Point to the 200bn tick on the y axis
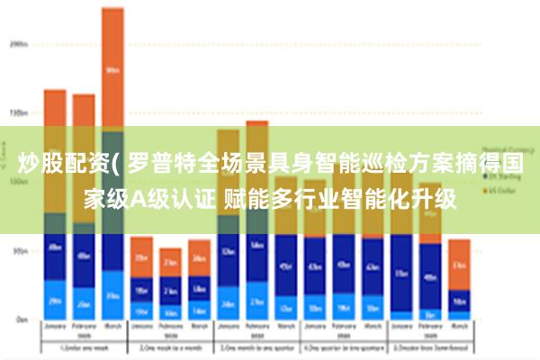pyautogui.click(x=17, y=42)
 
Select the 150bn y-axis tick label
pyautogui.click(x=17, y=113)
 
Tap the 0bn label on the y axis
pyautogui.click(x=20, y=319)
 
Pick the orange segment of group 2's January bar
pyautogui.click(x=141, y=256)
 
